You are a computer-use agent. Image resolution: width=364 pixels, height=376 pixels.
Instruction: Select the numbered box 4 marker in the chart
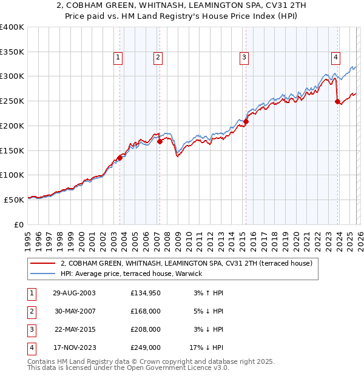335,58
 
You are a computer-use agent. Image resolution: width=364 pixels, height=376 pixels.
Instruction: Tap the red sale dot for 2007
160,141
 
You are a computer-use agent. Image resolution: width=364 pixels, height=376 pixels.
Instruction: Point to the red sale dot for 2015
246,121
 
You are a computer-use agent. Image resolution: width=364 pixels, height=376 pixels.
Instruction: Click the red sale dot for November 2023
338,101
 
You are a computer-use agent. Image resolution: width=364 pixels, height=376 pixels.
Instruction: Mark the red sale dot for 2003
120,158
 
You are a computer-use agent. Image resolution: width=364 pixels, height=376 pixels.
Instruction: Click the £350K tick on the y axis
12,52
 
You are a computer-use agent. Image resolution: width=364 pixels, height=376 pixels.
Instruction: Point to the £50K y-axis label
14,200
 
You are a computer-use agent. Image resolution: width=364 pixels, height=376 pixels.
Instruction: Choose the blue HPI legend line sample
42,274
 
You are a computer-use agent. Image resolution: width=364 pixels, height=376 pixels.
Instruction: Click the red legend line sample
42,264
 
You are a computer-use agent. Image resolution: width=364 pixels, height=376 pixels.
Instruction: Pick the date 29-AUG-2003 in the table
74,293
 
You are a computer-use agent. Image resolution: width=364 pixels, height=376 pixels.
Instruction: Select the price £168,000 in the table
146,311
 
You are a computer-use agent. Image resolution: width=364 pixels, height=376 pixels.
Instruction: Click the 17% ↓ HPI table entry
206,347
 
